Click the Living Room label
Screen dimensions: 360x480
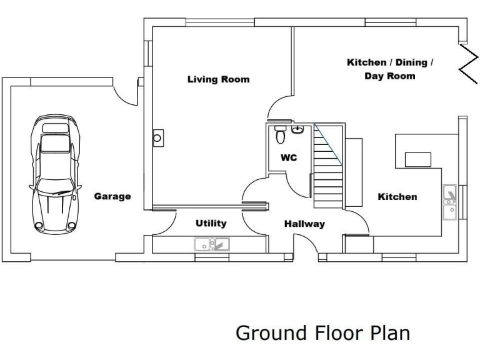point(218,79)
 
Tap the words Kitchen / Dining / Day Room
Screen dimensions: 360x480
point(390,69)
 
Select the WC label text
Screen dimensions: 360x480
point(288,158)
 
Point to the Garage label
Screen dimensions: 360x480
point(112,196)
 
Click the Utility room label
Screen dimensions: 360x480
point(211,223)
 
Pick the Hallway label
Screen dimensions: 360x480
point(304,224)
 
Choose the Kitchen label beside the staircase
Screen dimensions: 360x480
point(397,197)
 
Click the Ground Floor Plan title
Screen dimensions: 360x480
point(322,333)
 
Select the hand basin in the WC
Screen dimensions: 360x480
point(298,130)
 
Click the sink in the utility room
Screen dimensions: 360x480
point(212,244)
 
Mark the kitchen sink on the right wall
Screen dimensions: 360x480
point(449,202)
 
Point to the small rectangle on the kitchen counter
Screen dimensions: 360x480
point(417,159)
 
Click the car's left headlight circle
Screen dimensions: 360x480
point(40,225)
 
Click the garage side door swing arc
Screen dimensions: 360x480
point(127,94)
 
